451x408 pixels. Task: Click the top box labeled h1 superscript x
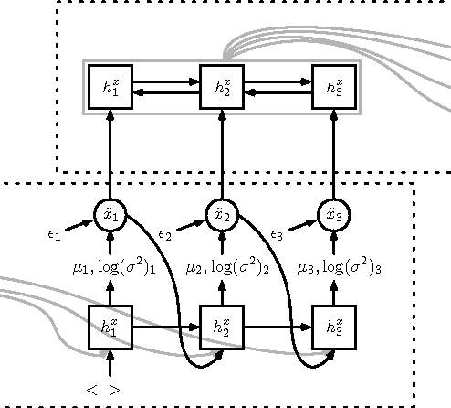click(x=110, y=88)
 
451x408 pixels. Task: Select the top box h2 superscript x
click(x=222, y=88)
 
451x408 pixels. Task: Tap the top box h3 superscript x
click(x=333, y=88)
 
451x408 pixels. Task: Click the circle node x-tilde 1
click(x=110, y=215)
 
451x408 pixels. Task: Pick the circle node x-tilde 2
click(x=222, y=215)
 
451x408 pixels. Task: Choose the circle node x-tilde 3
click(x=333, y=215)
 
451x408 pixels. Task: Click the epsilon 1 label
click(x=54, y=234)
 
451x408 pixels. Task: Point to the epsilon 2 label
click(x=165, y=234)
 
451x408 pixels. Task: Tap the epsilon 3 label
click(x=276, y=234)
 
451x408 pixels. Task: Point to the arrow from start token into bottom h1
click(x=110, y=364)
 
